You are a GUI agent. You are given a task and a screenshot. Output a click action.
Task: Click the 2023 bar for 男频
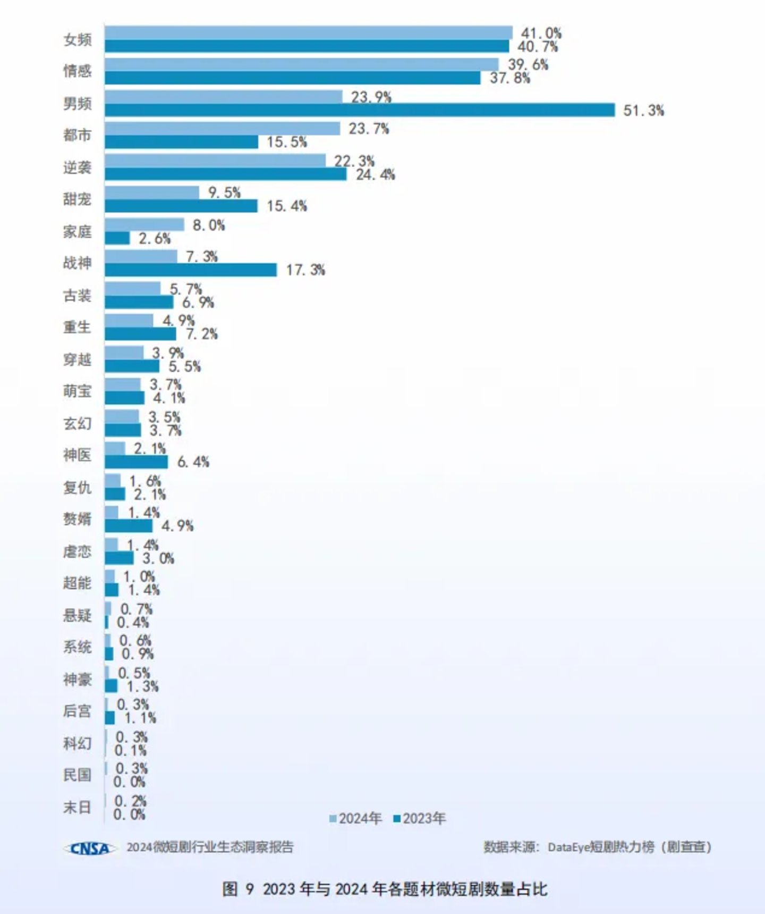360,111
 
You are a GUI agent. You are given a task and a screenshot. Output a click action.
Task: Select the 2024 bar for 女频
308,32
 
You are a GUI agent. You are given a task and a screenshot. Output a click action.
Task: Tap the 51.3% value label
643,111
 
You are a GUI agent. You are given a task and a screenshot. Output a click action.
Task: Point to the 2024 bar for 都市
222,129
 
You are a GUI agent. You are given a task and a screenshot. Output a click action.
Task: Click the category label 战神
77,263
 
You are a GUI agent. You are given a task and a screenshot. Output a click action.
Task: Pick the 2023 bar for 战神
191,270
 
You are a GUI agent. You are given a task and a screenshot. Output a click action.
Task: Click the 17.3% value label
305,270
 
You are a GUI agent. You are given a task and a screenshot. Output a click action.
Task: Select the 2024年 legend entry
355,818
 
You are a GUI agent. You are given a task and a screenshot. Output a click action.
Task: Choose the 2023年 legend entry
420,818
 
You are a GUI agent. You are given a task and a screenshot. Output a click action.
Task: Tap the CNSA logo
89,848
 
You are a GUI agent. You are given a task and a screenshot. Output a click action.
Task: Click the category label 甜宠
77,199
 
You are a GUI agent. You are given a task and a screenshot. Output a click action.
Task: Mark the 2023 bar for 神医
136,462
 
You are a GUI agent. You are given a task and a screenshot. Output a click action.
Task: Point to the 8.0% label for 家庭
209,225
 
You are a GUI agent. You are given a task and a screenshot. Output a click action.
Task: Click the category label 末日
77,807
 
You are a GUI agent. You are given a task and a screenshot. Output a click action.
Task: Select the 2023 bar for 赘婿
129,526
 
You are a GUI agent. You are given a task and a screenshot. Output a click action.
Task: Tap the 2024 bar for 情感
302,64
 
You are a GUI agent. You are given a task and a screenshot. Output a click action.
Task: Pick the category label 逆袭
77,167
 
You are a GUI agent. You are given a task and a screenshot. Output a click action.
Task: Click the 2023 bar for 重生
140,334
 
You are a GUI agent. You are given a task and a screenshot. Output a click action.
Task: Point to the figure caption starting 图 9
385,888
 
